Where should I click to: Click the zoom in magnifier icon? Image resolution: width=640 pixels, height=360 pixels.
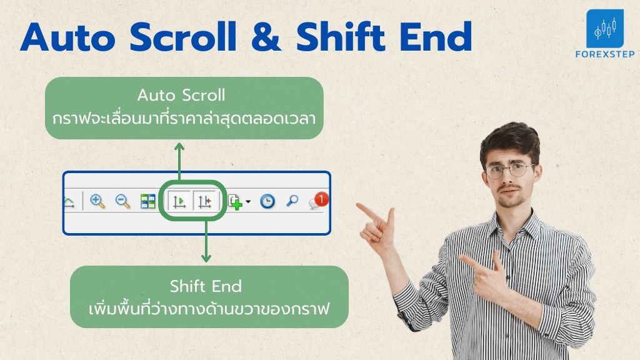click(x=97, y=201)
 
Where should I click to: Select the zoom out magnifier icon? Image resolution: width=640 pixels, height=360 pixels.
click(x=122, y=201)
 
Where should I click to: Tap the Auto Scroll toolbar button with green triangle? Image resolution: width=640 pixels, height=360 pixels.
click(x=179, y=201)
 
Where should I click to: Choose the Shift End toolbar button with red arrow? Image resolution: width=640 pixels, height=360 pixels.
click(x=204, y=201)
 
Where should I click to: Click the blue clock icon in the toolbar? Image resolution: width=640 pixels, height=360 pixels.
click(x=267, y=201)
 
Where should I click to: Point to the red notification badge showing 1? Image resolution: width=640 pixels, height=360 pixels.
click(x=322, y=199)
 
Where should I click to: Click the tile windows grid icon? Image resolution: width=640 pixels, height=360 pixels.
click(x=147, y=201)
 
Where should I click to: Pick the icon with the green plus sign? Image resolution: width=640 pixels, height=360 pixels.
click(x=236, y=202)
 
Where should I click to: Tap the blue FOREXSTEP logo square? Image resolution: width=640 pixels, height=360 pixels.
click(x=605, y=29)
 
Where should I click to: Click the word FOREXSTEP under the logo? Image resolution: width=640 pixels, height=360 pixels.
click(x=605, y=54)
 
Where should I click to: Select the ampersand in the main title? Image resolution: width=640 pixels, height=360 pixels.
click(x=265, y=37)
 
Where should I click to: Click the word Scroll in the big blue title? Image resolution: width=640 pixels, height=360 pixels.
click(x=183, y=37)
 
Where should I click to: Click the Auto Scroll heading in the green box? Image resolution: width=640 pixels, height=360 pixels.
click(x=181, y=95)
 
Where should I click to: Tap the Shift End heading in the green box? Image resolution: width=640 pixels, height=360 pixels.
click(x=206, y=286)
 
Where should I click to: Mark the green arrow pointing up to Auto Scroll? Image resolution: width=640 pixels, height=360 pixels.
click(x=179, y=162)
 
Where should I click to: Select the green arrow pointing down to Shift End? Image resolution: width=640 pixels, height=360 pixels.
click(x=206, y=242)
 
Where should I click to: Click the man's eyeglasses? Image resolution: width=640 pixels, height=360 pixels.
click(x=510, y=170)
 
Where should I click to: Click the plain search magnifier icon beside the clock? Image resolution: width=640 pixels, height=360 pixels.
click(x=292, y=201)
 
